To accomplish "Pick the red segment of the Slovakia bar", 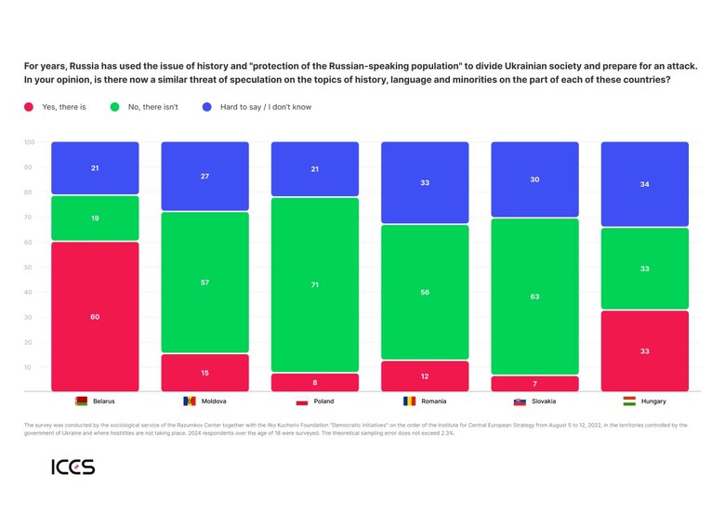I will click(534, 384).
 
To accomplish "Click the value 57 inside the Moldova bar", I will click(204, 282).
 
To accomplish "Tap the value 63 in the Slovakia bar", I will click(534, 297).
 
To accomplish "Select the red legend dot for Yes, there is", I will click(30, 107).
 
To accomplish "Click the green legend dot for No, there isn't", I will click(114, 107).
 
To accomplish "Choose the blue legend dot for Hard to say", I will click(207, 107).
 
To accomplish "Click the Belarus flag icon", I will click(81, 401).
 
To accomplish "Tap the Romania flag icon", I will click(410, 401).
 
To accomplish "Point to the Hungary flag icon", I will click(629, 401).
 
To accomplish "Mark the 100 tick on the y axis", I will click(30, 142).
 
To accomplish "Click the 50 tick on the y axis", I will click(30, 267).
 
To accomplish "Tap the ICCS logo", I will click(72, 467).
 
